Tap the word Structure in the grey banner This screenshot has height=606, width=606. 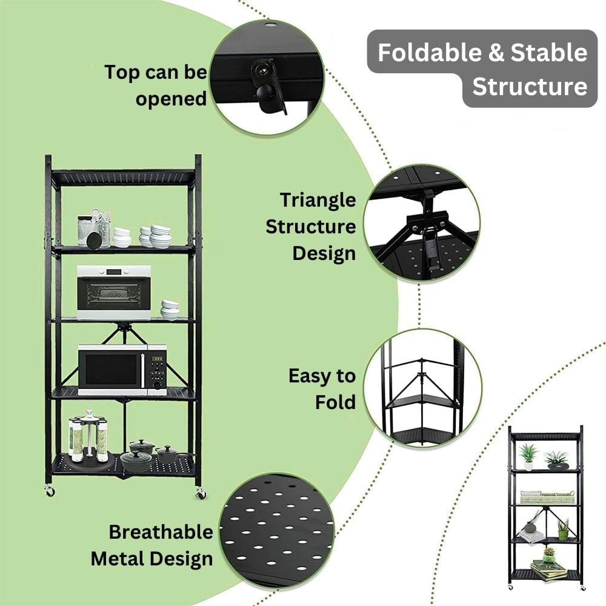[x=530, y=86]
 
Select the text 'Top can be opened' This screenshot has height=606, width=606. [x=156, y=85]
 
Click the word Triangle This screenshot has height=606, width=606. [x=318, y=200]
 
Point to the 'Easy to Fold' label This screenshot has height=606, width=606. [x=322, y=388]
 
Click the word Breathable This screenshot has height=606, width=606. [x=161, y=532]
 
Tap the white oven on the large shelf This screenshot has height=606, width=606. [x=113, y=292]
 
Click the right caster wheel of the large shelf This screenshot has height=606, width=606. [x=201, y=494]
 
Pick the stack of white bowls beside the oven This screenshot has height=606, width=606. [x=170, y=310]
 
